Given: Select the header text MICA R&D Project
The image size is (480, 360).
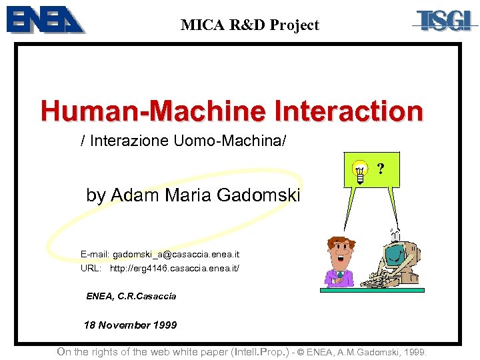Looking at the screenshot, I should coord(249,25).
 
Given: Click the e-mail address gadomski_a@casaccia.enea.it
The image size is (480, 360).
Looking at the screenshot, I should coord(176,255).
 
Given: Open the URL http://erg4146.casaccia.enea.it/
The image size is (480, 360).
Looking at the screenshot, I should coord(174,268).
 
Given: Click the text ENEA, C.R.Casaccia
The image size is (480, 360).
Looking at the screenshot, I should coord(131,296).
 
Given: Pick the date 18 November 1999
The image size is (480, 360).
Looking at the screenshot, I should coord(131,325).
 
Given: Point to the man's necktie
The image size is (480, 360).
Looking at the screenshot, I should coord(340,275).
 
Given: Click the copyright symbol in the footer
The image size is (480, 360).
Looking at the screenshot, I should coord(302,352).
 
